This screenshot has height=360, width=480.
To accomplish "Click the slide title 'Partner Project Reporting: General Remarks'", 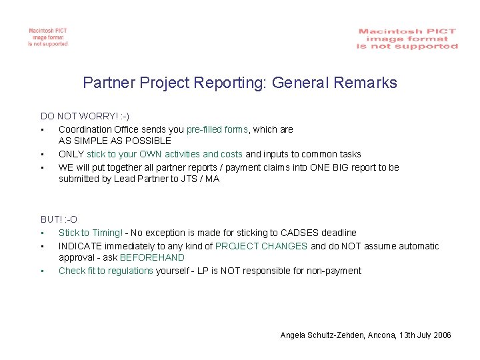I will pyautogui.click(x=240, y=83).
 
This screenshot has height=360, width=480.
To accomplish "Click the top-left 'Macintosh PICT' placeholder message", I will pyautogui.click(x=47, y=37).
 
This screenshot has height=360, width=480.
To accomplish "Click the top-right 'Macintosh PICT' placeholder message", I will pyautogui.click(x=407, y=39).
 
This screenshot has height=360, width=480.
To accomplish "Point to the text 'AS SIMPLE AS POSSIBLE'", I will pyautogui.click(x=115, y=141).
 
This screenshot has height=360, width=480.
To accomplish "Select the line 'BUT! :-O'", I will pyautogui.click(x=59, y=219).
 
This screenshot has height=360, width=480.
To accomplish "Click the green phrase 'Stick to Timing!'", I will pyautogui.click(x=91, y=233).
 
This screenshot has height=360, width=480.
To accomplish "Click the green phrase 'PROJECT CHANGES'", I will pyautogui.click(x=262, y=246).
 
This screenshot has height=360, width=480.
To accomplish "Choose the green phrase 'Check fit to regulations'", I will pyautogui.click(x=106, y=271).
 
